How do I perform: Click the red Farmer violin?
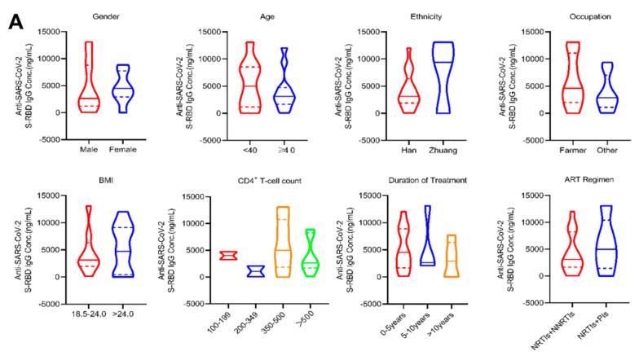click(x=573, y=81)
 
